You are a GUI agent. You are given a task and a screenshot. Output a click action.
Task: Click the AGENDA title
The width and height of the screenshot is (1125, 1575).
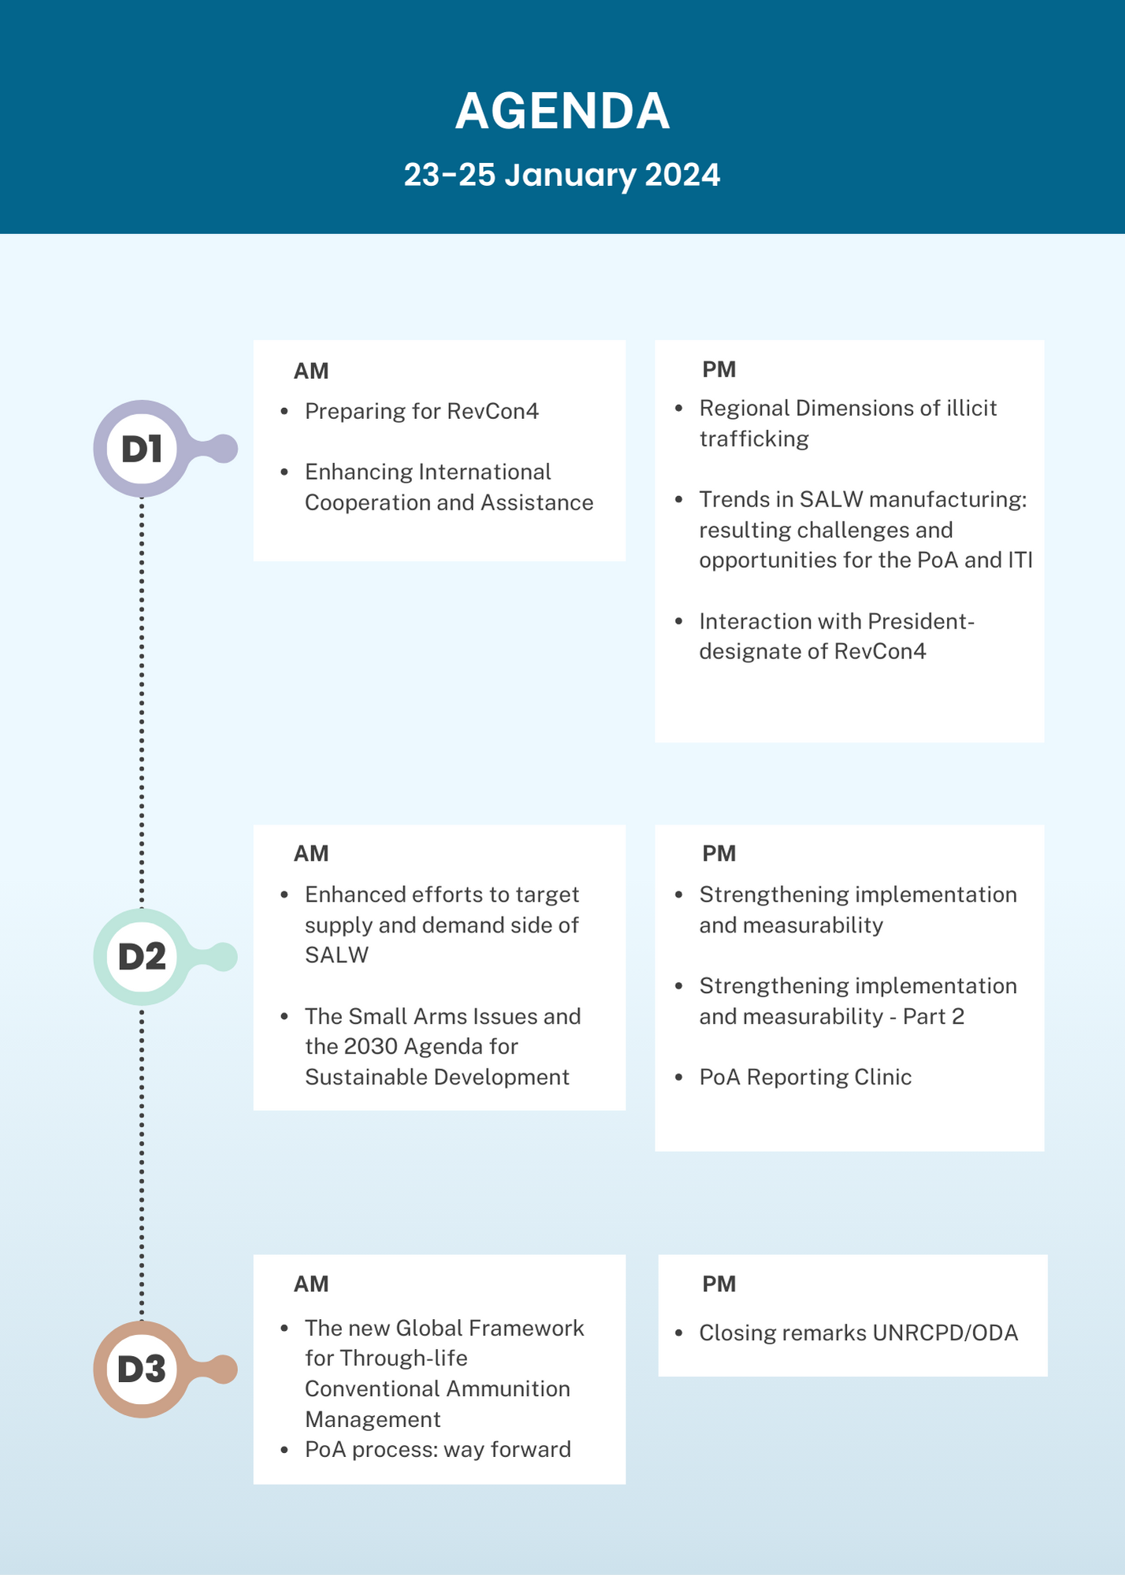562,110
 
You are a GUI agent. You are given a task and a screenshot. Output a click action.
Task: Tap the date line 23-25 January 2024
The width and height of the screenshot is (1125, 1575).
562,175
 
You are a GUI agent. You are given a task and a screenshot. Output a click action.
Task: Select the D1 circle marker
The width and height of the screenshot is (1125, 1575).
142,449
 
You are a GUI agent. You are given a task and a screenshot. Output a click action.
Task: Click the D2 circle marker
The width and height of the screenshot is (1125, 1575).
142,957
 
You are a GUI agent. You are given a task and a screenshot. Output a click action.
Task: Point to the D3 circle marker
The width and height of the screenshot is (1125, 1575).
142,1369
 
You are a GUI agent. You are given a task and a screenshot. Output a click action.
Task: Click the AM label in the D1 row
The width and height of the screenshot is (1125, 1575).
311,371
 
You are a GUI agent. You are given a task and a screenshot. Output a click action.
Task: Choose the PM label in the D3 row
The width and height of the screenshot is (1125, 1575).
719,1284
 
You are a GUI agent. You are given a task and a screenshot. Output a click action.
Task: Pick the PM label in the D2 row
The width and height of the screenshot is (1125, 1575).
719,853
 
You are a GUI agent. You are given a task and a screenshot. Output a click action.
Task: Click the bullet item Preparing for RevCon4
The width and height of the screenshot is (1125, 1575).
421,411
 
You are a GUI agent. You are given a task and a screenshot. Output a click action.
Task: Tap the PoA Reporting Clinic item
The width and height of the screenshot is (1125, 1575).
805,1077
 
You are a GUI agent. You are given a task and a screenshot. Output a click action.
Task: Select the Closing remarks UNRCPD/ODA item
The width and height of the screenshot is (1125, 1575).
859,1332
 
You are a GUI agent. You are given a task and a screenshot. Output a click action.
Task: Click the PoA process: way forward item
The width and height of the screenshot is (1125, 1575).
438,1449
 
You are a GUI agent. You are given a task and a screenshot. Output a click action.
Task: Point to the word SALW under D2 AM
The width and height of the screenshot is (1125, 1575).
336,954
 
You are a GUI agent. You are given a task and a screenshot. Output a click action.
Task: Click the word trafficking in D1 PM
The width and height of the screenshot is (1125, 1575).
754,439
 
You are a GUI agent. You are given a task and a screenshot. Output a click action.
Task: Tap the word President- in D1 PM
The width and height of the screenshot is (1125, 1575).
921,621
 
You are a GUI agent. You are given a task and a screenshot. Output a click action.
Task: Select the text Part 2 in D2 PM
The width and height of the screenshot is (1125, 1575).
934,1016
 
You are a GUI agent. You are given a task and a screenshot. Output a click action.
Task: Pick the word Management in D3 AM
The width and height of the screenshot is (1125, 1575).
373,1419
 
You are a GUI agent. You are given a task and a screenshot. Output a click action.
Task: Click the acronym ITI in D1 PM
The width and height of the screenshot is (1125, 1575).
1020,560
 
